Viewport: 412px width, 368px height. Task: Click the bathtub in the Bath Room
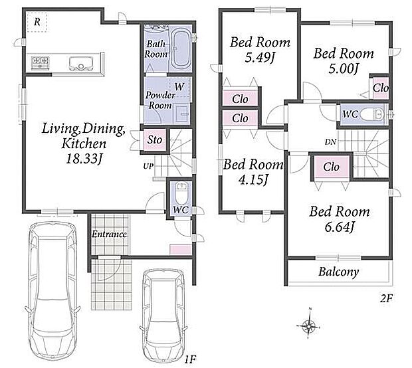[181, 49]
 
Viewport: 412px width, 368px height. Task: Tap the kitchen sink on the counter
[81, 64]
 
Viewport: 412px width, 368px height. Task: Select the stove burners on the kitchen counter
[41, 62]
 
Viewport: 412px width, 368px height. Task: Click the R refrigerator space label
[37, 22]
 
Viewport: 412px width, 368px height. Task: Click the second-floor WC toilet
[373, 115]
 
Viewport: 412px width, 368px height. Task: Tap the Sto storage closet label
[154, 139]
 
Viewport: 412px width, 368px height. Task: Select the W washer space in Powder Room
[179, 86]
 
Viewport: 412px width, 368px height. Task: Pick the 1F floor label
[189, 359]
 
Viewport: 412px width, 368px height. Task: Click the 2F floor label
[386, 298]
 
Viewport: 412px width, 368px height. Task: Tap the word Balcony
[338, 272]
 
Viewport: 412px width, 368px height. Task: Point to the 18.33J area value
[84, 159]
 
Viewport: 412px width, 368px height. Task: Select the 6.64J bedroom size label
[339, 227]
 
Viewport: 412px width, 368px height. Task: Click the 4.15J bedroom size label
[253, 180]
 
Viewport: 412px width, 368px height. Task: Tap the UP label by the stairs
[148, 166]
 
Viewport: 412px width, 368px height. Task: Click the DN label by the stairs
[330, 142]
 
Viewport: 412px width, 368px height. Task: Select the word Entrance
[109, 234]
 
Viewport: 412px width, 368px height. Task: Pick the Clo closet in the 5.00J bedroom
[380, 88]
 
